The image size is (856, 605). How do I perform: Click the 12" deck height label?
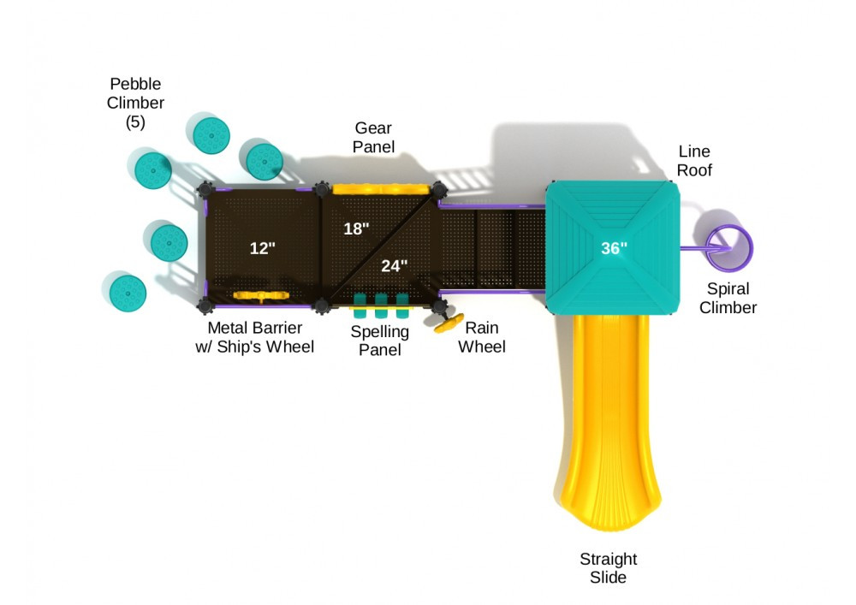click(263, 248)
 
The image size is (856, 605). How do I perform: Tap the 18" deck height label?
click(356, 228)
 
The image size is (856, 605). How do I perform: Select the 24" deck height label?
click(394, 265)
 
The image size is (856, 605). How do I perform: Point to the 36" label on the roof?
click(614, 248)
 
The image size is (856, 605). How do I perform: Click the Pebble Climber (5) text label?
click(135, 103)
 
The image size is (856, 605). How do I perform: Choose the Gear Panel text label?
click(374, 138)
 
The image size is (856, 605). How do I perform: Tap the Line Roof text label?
click(694, 160)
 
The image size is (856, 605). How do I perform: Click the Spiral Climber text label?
click(728, 298)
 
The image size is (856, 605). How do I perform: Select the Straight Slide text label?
click(609, 568)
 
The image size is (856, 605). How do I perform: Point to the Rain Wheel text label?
click(481, 336)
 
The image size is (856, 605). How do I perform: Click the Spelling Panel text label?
click(380, 340)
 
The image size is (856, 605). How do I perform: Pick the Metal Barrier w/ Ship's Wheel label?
click(254, 336)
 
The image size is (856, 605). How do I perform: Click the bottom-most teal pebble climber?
click(127, 292)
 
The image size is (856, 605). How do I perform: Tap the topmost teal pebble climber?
click(210, 133)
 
